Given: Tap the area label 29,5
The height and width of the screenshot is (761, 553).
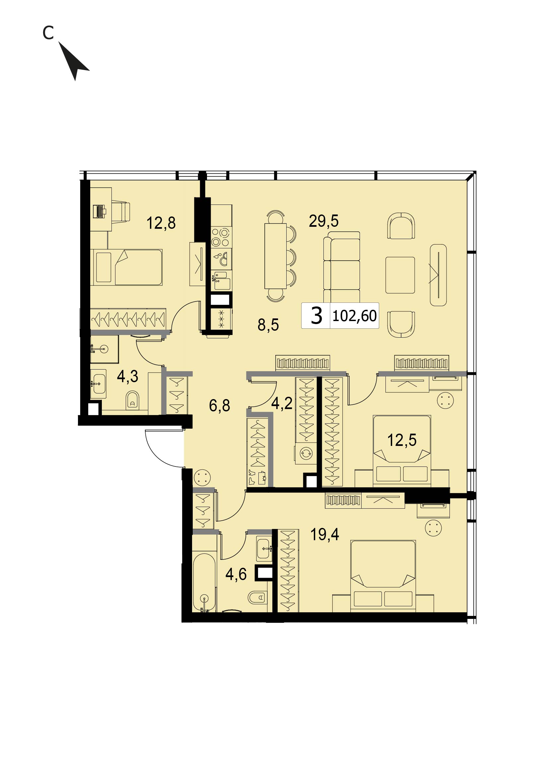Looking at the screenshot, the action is (323, 221).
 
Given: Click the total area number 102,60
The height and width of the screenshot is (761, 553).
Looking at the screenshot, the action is (355, 316).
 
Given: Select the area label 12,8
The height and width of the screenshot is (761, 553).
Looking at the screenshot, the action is (161, 223).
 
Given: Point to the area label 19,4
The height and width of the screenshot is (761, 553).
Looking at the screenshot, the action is (324, 535).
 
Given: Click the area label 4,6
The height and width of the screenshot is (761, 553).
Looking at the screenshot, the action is (236, 574).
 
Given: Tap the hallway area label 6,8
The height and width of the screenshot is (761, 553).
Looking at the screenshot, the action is (220, 406).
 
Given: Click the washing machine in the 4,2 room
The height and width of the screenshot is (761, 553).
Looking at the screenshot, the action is (306, 454).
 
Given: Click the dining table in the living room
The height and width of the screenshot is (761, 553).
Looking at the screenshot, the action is (275, 256).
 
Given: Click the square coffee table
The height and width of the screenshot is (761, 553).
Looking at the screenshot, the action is (400, 275).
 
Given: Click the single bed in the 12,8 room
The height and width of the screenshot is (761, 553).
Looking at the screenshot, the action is (126, 267).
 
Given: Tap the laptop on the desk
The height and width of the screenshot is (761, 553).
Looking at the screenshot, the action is (100, 211).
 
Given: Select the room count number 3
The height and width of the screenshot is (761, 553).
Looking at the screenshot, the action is (316, 316).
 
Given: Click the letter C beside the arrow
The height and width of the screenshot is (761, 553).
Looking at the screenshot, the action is (48, 33).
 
